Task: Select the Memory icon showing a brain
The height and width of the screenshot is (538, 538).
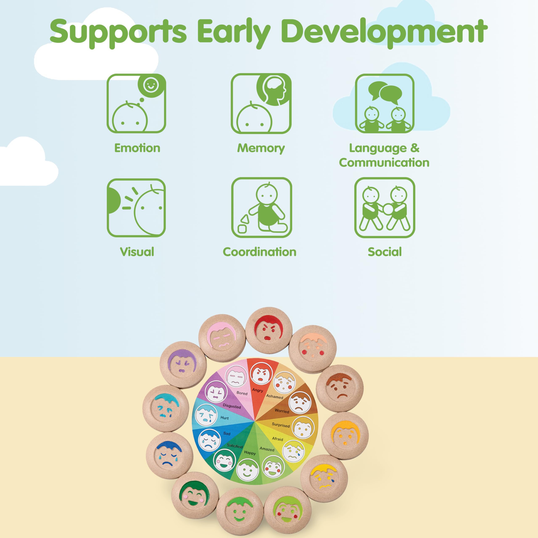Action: (x=261, y=103)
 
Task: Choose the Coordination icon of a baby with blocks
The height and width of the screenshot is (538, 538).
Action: (x=261, y=208)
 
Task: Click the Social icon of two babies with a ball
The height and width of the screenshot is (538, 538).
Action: (x=385, y=208)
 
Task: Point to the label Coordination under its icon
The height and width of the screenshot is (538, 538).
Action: (x=260, y=252)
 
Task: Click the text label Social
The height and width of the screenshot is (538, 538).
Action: (x=385, y=252)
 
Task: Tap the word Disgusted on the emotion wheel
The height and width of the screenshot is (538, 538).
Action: (x=232, y=406)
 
